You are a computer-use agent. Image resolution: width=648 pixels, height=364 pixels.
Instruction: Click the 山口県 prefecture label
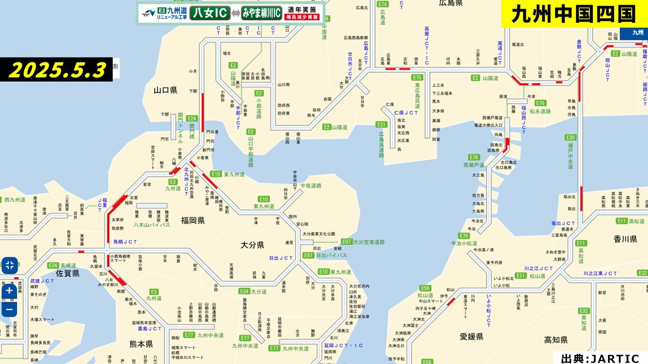[165, 90]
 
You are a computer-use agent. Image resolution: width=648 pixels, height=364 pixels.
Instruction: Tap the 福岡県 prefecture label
[192, 220]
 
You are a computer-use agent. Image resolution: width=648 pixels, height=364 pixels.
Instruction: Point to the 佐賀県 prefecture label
[68, 273]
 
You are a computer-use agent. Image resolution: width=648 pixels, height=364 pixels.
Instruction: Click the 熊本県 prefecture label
[141, 344]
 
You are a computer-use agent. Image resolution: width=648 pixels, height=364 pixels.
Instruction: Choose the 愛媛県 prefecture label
[471, 337]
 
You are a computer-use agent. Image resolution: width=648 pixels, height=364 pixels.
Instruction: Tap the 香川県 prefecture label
[625, 239]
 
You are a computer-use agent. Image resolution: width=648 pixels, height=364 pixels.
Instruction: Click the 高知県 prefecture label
[556, 340]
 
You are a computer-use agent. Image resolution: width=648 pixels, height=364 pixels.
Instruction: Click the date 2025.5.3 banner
[57, 70]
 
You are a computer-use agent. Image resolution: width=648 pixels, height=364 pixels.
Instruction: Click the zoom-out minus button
[10, 309]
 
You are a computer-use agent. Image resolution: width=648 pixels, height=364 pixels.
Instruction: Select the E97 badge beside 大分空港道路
[347, 242]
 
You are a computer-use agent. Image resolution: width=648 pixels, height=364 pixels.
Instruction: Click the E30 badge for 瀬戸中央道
[571, 138]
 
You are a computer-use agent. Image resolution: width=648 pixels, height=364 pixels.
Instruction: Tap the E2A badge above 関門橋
[192, 118]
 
